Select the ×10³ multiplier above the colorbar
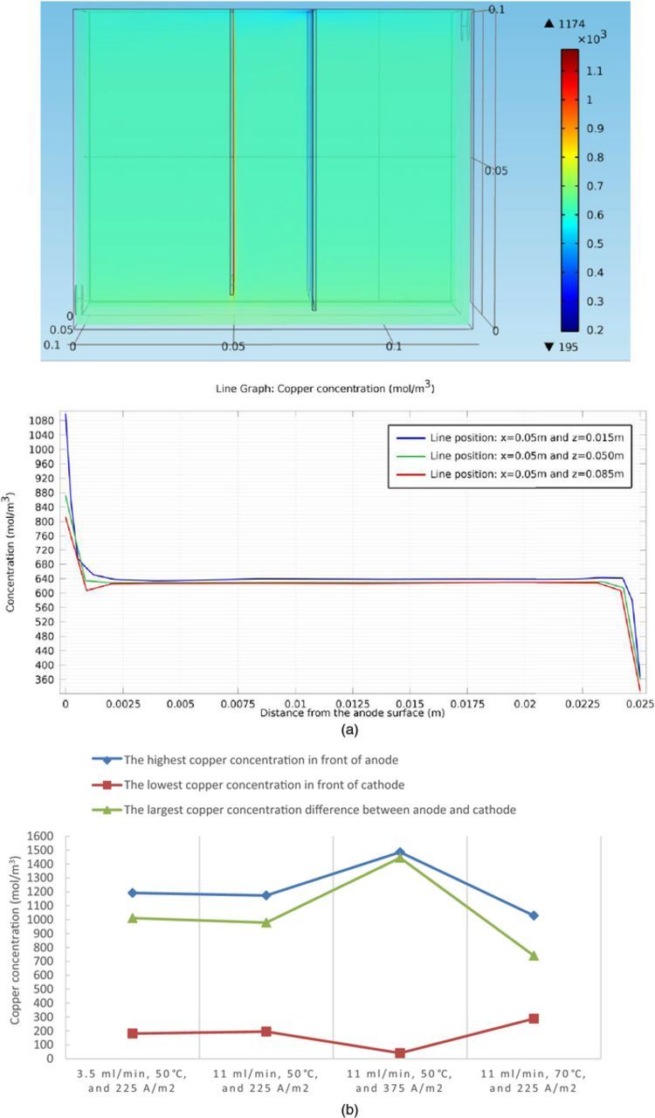(592, 38)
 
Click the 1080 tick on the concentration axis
(44, 420)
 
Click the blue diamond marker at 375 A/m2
(400, 852)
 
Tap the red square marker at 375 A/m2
(400, 1053)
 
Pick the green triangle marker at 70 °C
(534, 956)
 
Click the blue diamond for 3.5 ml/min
(132, 893)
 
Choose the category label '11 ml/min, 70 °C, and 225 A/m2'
(534, 1081)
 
